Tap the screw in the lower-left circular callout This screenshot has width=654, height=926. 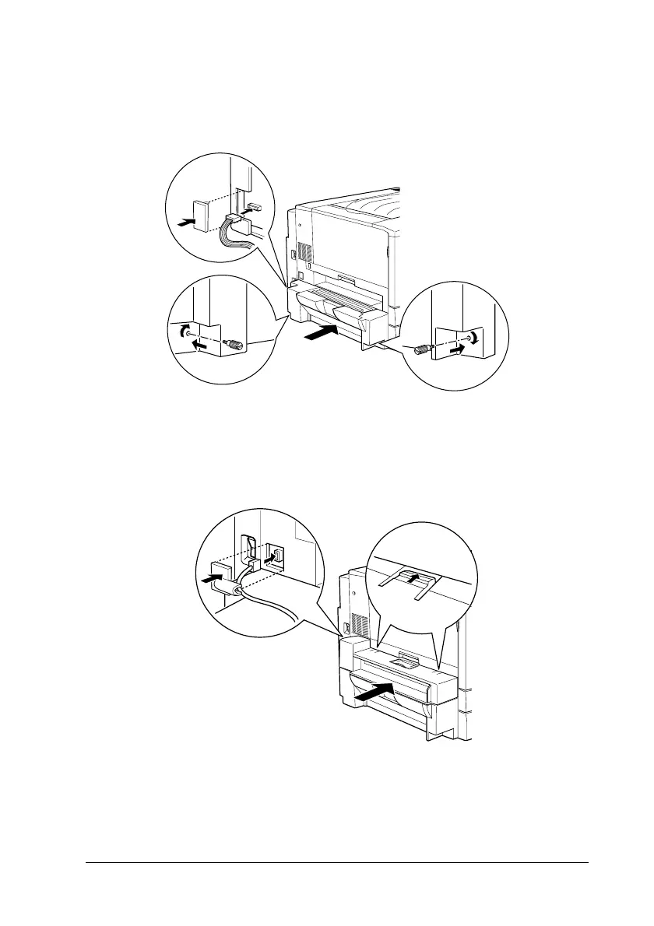[x=233, y=343]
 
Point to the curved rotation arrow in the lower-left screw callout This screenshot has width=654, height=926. [x=184, y=331]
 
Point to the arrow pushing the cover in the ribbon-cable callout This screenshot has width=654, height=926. [x=185, y=222]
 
